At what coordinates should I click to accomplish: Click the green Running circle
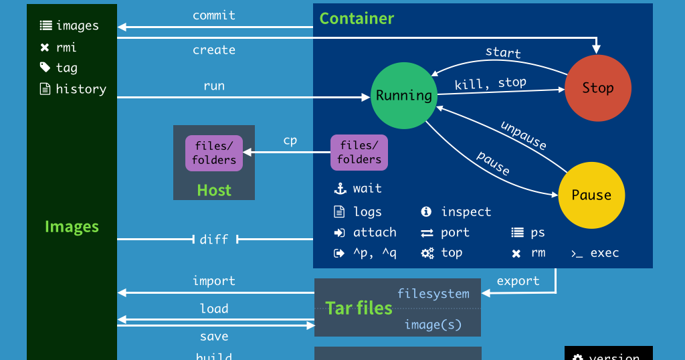403,95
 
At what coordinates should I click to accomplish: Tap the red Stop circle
597,88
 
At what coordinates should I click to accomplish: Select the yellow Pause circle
591,195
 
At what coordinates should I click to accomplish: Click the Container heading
357,18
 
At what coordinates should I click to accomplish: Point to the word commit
214,15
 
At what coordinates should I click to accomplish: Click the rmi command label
66,48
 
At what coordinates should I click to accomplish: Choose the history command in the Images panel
81,89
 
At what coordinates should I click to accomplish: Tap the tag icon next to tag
45,68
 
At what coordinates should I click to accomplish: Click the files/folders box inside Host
214,153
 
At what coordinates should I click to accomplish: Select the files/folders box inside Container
359,153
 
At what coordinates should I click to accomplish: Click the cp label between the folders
290,140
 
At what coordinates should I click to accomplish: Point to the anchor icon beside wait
339,189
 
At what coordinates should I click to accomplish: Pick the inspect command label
466,212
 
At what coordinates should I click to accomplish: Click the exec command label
604,253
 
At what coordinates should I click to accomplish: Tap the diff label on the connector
214,239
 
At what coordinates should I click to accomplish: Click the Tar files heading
359,308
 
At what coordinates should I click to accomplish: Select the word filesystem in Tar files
433,293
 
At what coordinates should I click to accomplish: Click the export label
518,280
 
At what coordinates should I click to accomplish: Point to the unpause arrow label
524,135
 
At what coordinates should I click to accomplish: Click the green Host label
214,190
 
